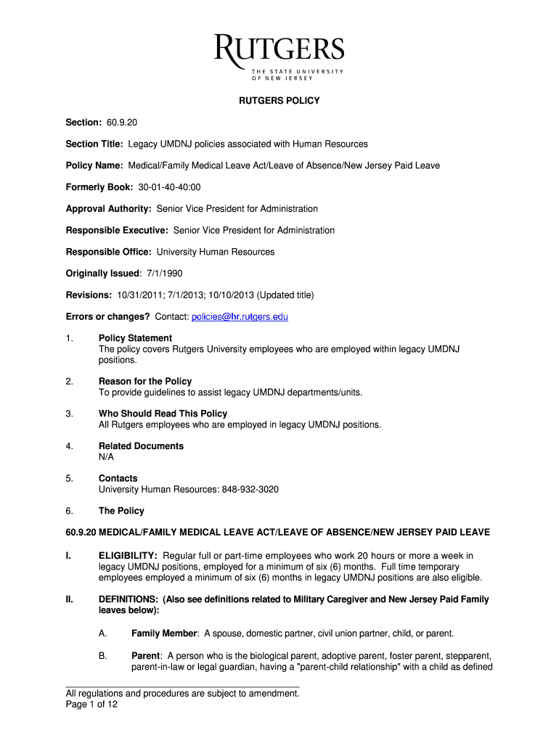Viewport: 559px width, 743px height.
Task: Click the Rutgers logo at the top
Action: pos(279,56)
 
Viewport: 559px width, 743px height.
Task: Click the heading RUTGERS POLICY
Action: pos(279,101)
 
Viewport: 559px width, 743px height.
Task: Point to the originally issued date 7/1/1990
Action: pos(162,274)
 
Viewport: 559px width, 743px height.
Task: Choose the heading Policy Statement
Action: pos(135,338)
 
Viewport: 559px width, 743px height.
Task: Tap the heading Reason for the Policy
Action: pos(145,381)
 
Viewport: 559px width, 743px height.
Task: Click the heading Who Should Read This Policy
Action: pos(163,414)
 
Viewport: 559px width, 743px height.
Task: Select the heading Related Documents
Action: pos(141,446)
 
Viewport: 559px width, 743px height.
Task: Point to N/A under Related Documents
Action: pos(106,457)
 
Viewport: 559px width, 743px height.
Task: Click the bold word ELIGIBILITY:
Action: pos(128,556)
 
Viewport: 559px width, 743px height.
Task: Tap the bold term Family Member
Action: pos(164,633)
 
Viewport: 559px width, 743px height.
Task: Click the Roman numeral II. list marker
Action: pos(70,599)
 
